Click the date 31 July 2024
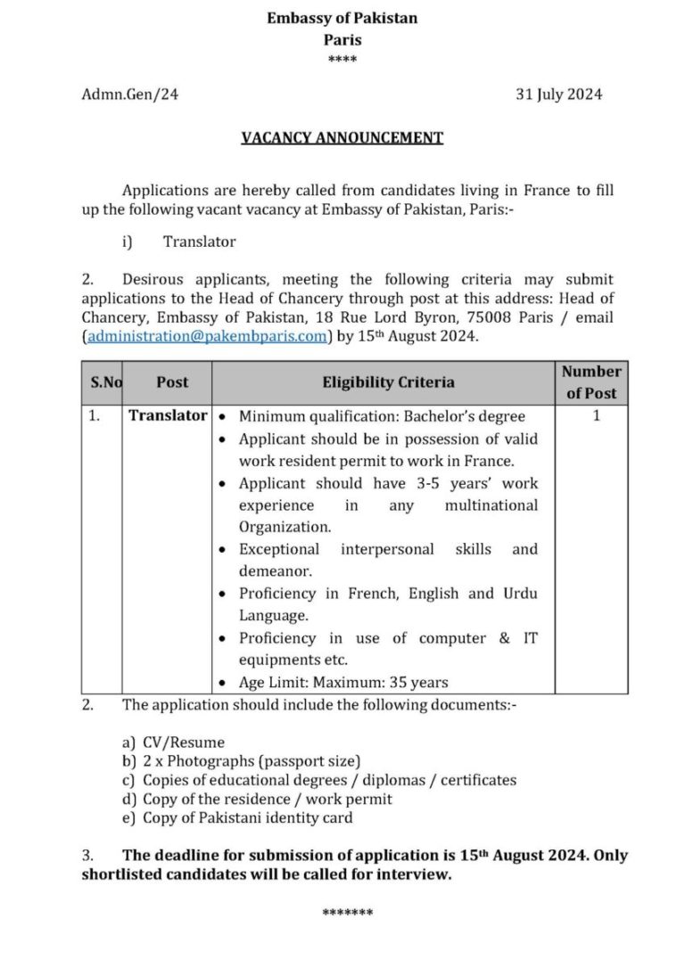coord(558,94)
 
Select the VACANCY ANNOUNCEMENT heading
coord(342,137)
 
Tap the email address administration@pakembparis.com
coord(206,337)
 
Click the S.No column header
coord(105,381)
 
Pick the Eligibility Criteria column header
coord(388,381)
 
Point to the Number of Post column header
coord(591,381)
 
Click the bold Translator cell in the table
coord(168,415)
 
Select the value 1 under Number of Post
coord(596,415)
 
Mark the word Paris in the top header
coord(342,39)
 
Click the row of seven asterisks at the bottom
coord(347,913)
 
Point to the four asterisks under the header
coord(342,59)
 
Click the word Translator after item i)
coord(200,241)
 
